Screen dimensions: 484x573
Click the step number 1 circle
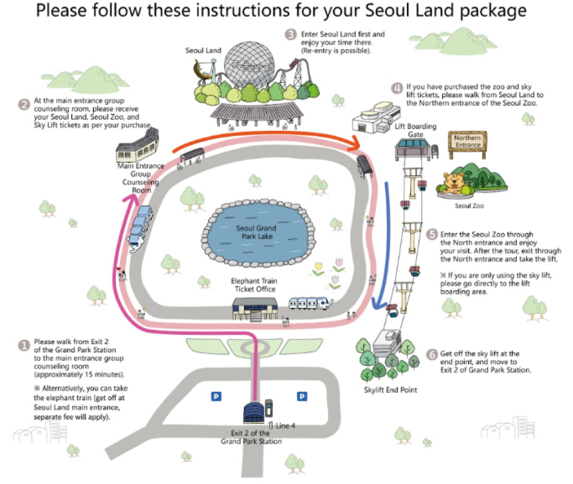pos(24,345)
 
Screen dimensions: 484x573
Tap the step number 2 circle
pos(24,104)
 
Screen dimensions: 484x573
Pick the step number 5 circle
pos(432,235)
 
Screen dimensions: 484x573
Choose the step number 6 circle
pos(432,354)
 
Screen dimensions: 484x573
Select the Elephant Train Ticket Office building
pos(257,308)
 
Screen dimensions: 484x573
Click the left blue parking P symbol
pos(217,396)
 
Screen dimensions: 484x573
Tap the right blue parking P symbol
pos(302,396)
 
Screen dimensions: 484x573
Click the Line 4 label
pos(286,426)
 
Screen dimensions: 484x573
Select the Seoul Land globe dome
pos(249,66)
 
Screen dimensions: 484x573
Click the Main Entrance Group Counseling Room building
pos(138,145)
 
